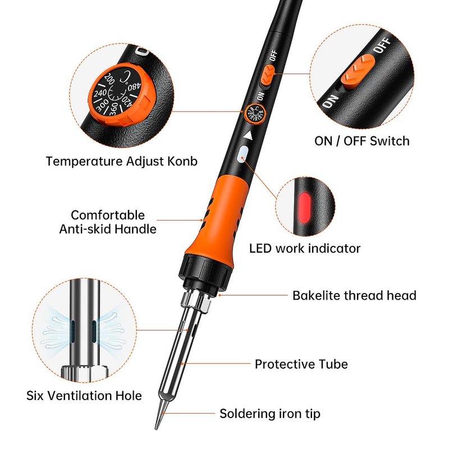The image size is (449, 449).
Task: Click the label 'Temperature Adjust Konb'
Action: tap(121, 161)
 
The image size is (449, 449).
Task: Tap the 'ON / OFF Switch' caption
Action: tap(362, 141)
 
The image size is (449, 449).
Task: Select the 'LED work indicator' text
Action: tap(305, 248)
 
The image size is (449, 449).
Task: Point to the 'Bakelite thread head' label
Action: tap(354, 296)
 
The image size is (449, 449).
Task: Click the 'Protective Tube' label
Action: tap(301, 364)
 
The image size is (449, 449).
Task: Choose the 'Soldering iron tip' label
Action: tap(270, 414)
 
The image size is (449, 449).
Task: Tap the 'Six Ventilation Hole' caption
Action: tap(84, 396)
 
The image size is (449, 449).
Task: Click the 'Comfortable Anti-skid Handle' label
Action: tap(108, 222)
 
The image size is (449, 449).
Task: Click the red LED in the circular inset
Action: tap(304, 207)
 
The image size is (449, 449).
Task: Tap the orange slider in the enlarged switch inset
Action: tap(358, 71)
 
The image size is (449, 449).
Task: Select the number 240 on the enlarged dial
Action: tap(100, 93)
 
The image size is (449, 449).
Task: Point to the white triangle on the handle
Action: tap(248, 135)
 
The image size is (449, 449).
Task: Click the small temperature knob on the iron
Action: tap(256, 113)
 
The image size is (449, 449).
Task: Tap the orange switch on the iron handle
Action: tap(268, 74)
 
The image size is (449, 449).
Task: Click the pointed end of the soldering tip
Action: tap(157, 429)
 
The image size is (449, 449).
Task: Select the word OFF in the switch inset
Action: tap(383, 45)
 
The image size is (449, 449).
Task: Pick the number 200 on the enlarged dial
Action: tap(109, 79)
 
